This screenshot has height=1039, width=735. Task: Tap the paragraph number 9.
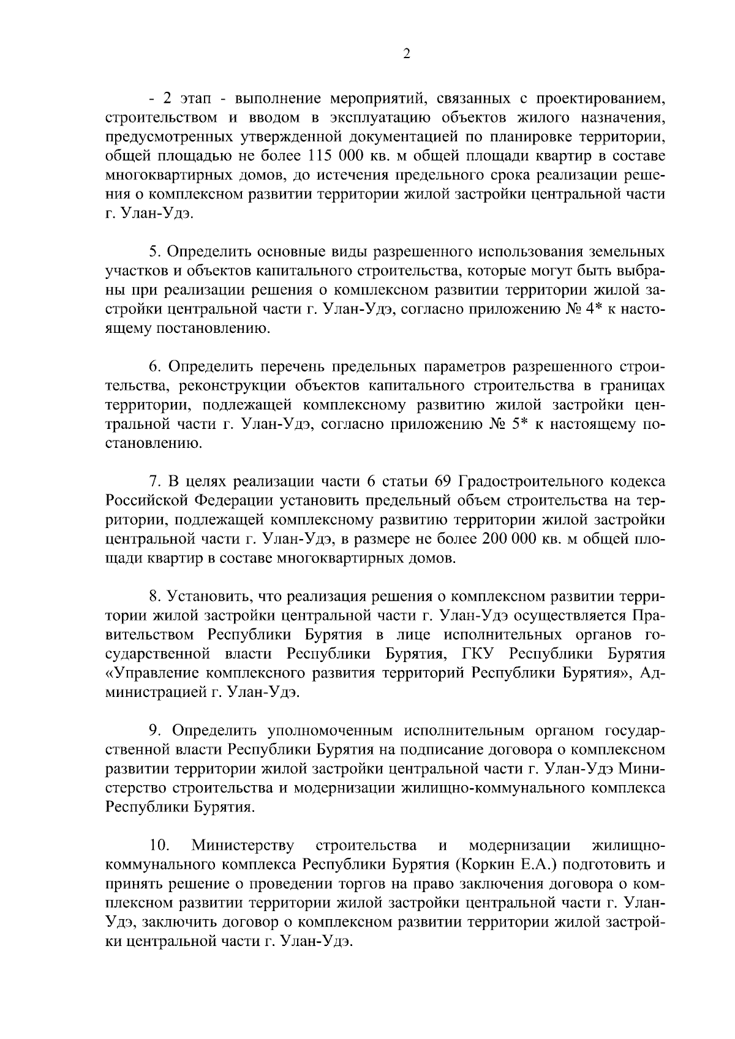156,731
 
